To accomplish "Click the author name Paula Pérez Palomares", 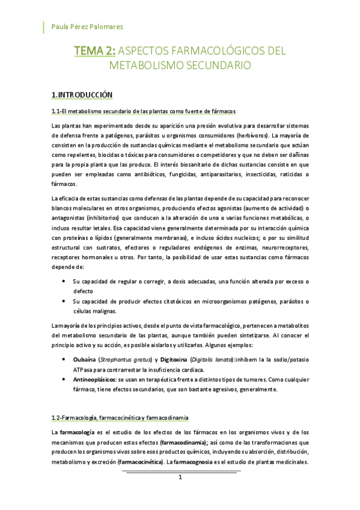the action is (87, 27).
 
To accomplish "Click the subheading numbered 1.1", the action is (143, 111).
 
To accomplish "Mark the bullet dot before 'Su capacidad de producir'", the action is (64, 301).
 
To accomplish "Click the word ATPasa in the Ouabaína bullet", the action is (83, 370).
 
